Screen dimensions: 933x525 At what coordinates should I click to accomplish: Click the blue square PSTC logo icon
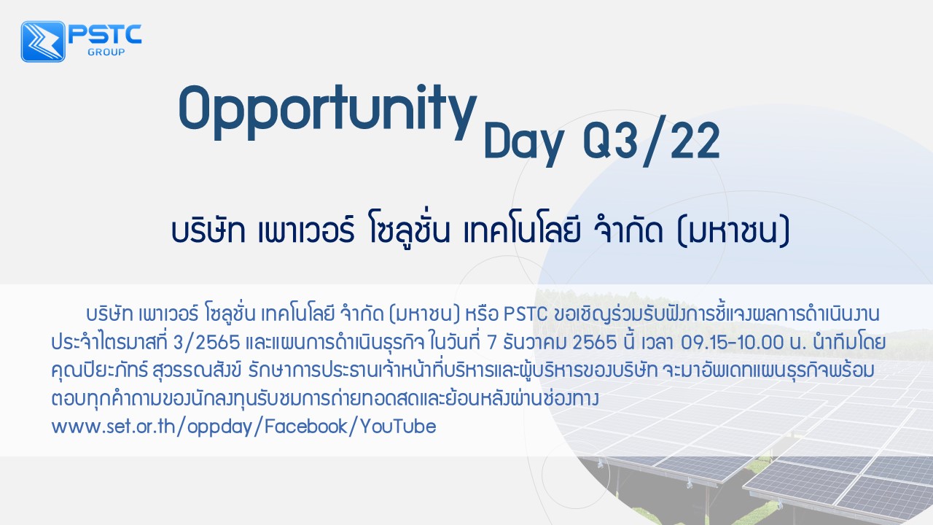43,42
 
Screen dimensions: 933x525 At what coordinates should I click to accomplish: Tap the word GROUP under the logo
106,52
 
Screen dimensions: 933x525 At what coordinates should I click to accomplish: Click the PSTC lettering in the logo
105,34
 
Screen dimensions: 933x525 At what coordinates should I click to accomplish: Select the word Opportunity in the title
327,112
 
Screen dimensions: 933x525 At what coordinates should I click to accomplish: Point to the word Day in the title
523,144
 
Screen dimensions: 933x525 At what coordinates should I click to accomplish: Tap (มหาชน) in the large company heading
733,232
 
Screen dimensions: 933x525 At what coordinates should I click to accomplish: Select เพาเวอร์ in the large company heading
306,230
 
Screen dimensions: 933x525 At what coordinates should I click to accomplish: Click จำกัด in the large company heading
629,230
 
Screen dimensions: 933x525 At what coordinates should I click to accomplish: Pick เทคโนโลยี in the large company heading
521,230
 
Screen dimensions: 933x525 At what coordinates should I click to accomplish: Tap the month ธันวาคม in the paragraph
534,343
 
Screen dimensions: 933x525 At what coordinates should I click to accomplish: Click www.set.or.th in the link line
113,427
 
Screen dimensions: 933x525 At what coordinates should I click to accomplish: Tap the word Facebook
305,427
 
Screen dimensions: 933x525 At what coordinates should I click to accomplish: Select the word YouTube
398,427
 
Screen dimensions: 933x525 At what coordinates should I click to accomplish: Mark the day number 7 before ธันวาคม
492,343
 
